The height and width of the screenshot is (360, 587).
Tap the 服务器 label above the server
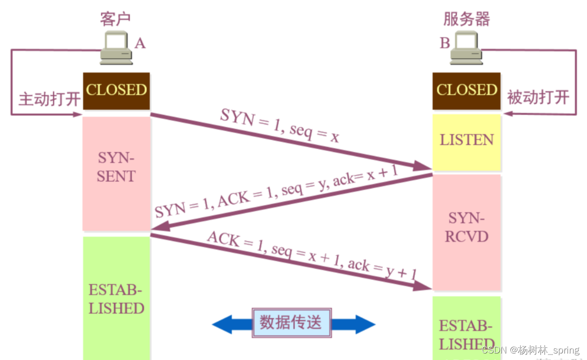point(466,19)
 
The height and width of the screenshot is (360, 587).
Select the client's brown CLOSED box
point(116,91)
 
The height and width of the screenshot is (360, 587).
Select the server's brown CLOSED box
point(466,91)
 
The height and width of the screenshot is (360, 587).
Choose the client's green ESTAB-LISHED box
point(116,298)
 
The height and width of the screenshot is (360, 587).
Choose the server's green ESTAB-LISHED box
point(466,328)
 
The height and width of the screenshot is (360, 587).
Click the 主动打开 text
point(49,99)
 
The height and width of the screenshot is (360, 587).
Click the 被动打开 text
point(538,97)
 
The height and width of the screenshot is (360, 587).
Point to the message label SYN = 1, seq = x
point(279,125)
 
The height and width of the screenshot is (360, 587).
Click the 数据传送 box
point(291,322)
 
